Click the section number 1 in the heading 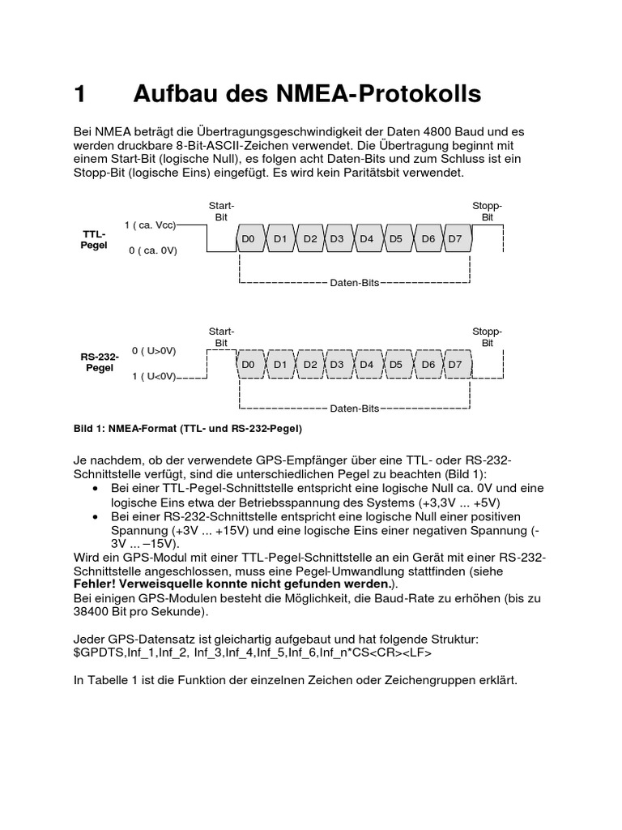click(79, 95)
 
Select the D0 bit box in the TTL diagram click(249, 238)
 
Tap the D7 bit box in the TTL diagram click(455, 238)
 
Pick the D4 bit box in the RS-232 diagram click(367, 365)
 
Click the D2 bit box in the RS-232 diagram click(310, 365)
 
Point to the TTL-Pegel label click(94, 239)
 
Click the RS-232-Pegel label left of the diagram click(99, 362)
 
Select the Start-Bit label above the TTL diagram click(221, 212)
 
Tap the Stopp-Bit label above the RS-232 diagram click(487, 337)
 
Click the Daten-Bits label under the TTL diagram click(355, 284)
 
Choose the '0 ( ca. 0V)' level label click(152, 250)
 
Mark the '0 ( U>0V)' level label click(154, 351)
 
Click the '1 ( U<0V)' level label click(154, 377)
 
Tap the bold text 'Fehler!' click(96, 584)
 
